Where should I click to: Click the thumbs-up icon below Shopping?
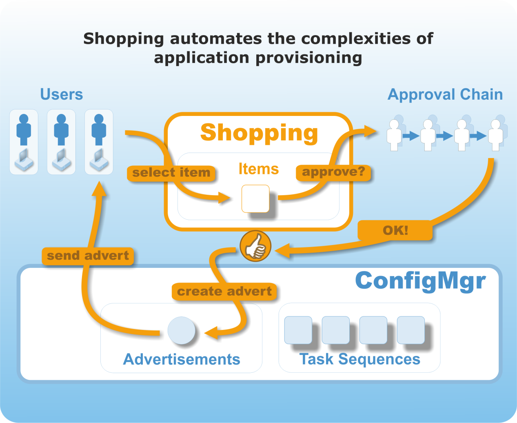pyautogui.click(x=255, y=246)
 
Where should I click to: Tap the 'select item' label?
pyautogui.click(x=171, y=173)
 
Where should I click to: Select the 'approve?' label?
pyautogui.click(x=333, y=172)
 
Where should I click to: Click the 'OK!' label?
pyautogui.click(x=395, y=230)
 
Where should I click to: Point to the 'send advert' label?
pyautogui.click(x=88, y=256)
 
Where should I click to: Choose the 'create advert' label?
pyautogui.click(x=224, y=292)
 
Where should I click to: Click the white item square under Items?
pyautogui.click(x=255, y=199)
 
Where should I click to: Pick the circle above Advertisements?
pyautogui.click(x=182, y=330)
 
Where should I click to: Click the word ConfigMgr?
pyautogui.click(x=420, y=281)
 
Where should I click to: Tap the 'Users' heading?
pyautogui.click(x=62, y=94)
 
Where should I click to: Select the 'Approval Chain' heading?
pyautogui.click(x=445, y=94)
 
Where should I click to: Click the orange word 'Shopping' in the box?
pyautogui.click(x=259, y=133)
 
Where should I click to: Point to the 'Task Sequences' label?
pyautogui.click(x=359, y=359)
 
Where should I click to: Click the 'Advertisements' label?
pyautogui.click(x=182, y=359)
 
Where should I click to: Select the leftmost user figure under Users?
pyautogui.click(x=24, y=142)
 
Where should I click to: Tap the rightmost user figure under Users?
pyautogui.click(x=99, y=142)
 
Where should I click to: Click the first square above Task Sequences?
pyautogui.click(x=298, y=330)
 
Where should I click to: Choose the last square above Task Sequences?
pyautogui.click(x=410, y=330)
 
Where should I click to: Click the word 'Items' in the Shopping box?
pyautogui.click(x=258, y=169)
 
